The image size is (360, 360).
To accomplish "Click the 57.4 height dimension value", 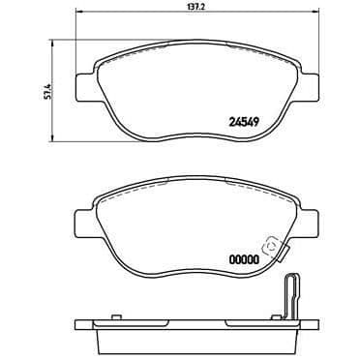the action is pyautogui.click(x=46, y=91).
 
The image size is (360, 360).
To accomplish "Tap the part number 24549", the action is pyautogui.click(x=244, y=122).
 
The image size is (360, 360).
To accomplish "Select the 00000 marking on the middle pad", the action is pyautogui.click(x=244, y=259).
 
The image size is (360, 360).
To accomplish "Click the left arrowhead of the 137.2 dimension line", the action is pyautogui.click(x=77, y=12).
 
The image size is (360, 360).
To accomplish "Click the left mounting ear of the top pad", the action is pyautogui.click(x=85, y=86).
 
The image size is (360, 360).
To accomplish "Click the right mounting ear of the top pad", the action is pyautogui.click(x=309, y=86).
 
